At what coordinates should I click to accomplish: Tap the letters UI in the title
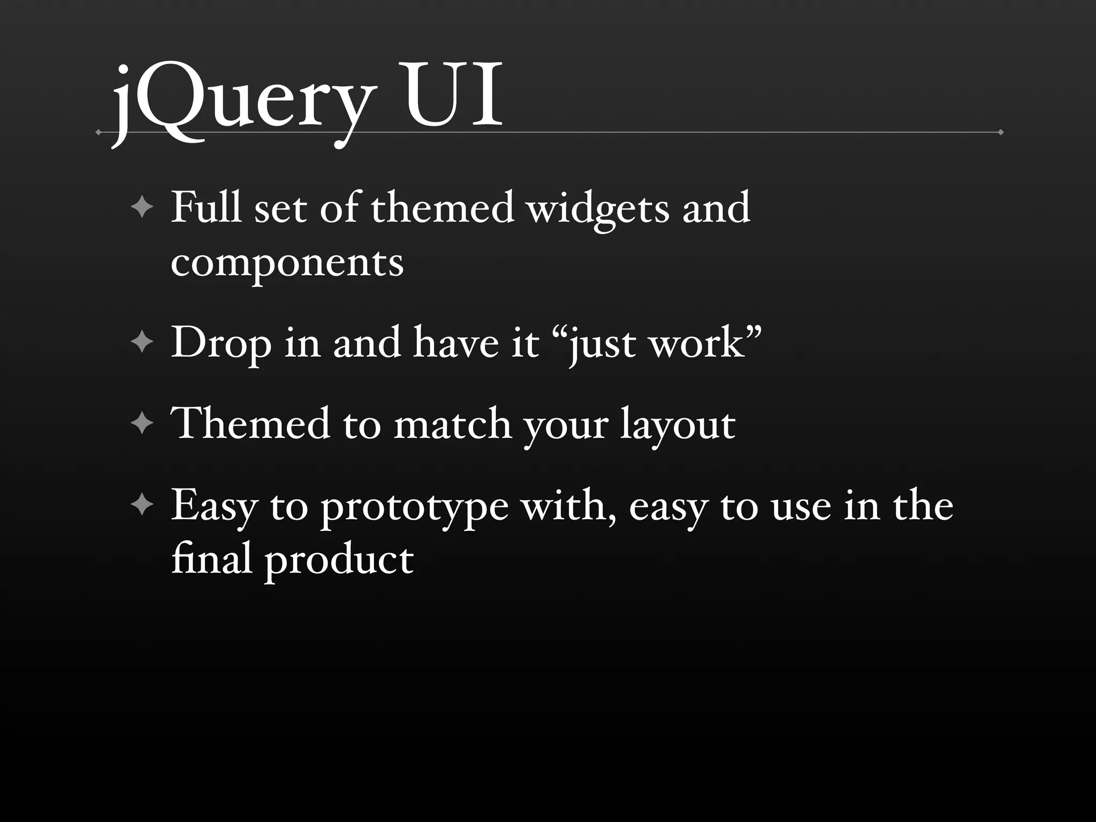tap(454, 96)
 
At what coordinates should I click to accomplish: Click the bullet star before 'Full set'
tap(142, 207)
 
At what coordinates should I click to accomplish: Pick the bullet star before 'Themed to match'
tap(142, 424)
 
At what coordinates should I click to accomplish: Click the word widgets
tap(598, 209)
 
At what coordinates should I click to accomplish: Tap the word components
tap(287, 263)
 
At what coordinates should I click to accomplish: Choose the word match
tap(453, 424)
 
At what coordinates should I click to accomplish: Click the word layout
tap(678, 426)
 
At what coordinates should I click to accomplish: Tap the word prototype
tap(414, 507)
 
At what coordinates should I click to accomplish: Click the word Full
tap(206, 207)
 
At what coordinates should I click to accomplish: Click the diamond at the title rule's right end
tap(1000, 132)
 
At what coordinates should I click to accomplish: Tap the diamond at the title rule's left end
tap(98, 132)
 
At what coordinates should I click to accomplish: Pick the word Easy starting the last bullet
tap(214, 506)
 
